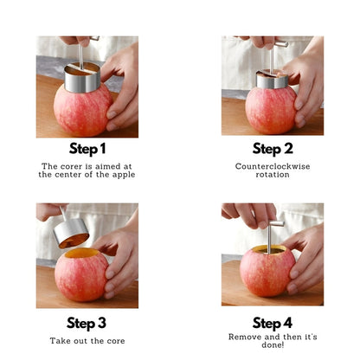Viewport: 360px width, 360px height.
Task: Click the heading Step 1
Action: click(87, 149)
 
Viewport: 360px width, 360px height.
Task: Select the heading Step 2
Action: click(273, 149)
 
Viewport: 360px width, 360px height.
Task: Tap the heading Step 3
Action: click(87, 323)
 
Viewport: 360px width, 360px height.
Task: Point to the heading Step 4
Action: click(273, 323)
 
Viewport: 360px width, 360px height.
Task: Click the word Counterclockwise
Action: click(273, 166)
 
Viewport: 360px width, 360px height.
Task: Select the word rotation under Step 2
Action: click(273, 175)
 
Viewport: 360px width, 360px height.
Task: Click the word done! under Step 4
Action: click(273, 344)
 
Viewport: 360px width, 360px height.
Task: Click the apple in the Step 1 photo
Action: click(83, 110)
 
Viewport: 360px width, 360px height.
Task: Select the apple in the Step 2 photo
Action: click(271, 110)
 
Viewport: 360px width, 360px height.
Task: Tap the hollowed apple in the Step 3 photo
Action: click(81, 275)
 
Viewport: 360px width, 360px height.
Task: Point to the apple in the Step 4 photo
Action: click(267, 273)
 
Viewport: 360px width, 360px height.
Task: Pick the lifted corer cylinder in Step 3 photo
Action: click(71, 233)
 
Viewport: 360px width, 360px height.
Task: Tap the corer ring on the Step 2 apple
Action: click(273, 80)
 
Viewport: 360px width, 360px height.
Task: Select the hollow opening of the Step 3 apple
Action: click(81, 254)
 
